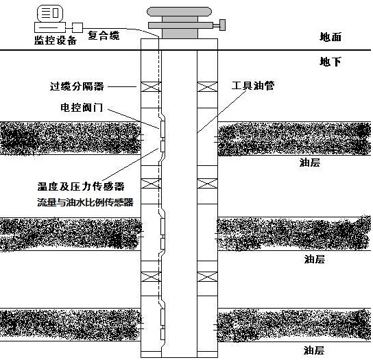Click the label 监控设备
tap(55, 40)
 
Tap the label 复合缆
tap(104, 36)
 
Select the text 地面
tap(330, 37)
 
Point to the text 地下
tap(330, 62)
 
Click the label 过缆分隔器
tap(77, 86)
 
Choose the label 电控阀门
tap(82, 107)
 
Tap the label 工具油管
tap(253, 86)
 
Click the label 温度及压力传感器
tap(81, 187)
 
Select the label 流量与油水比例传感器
tap(85, 202)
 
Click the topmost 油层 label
tap(310, 163)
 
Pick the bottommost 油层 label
tap(314, 350)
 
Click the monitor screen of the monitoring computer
tap(50, 13)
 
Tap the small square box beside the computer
tap(77, 27)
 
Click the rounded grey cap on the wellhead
tap(180, 12)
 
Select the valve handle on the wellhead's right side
tap(222, 25)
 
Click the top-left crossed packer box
tap(151, 87)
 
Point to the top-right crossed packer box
tap(207, 87)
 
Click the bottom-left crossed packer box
tap(151, 277)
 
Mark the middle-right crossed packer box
tap(207, 184)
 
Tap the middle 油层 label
tap(315, 259)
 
